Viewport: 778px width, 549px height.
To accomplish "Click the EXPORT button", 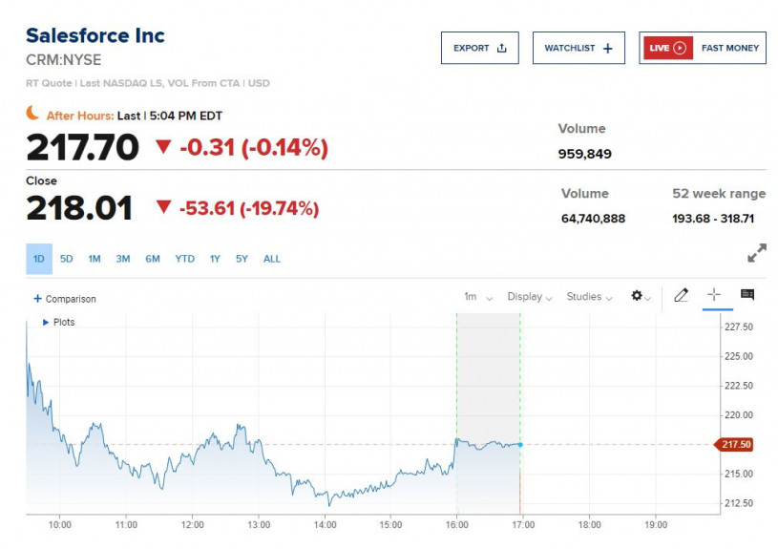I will point(479,48).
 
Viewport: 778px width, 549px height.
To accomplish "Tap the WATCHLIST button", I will point(578,48).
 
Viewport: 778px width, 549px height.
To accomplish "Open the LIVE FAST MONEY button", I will point(703,48).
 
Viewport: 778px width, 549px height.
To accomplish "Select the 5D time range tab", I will point(67,259).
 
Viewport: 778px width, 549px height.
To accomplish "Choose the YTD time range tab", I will point(184,259).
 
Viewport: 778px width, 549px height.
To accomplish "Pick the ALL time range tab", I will point(272,259).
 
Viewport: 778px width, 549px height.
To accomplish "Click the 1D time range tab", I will point(39,259).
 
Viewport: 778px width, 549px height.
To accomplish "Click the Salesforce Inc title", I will point(95,35).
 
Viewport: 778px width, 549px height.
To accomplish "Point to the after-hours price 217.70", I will point(82,147).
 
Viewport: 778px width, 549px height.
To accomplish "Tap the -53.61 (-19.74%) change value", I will point(248,208).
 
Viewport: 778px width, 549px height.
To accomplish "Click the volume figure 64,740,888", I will point(593,219).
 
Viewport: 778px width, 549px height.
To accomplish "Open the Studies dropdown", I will point(587,297).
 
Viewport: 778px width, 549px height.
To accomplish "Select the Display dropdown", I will point(529,297).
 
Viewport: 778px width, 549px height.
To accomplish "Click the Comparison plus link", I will point(65,299).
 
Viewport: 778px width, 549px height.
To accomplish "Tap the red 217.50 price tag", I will point(737,444).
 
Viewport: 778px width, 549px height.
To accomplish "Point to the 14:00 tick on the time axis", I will point(325,524).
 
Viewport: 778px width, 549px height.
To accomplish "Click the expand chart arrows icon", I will point(756,253).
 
